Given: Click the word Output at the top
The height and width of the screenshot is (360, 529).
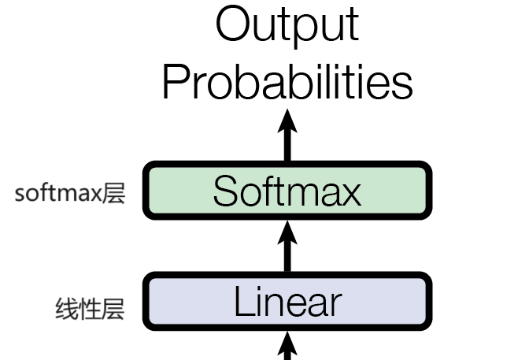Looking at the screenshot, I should (287, 25).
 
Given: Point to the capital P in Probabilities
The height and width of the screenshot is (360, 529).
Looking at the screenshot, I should (177, 81).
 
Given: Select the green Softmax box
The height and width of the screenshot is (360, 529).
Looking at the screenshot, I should (288, 191).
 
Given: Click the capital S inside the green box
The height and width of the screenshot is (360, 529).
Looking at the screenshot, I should (226, 191).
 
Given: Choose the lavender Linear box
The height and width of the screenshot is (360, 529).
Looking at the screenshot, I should (288, 302).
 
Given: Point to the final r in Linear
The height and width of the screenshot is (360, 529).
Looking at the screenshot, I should (336, 305).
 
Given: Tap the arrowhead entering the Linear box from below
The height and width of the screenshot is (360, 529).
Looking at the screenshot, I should (288, 342).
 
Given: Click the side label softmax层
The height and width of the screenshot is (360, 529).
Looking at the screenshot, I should (70, 193).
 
